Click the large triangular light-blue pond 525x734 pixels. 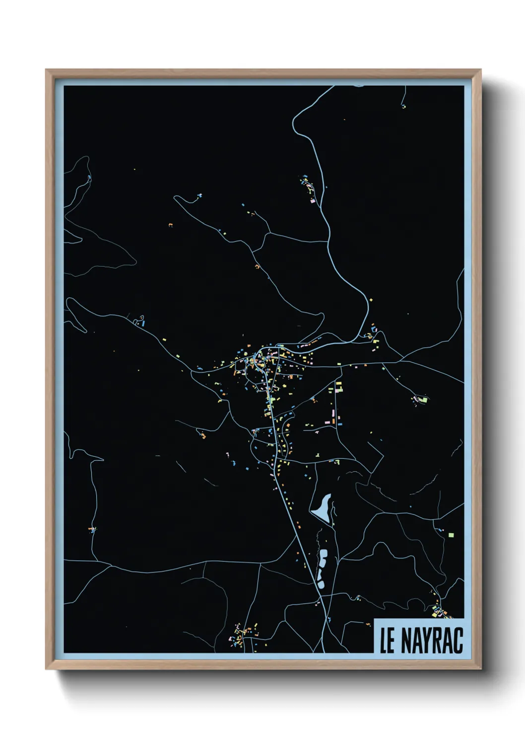pyautogui.click(x=322, y=508)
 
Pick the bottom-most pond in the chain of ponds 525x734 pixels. pyautogui.click(x=321, y=582)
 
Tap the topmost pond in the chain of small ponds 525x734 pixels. pyautogui.click(x=324, y=553)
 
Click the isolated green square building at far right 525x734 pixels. pyautogui.click(x=451, y=535)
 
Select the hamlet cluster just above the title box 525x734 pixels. pyautogui.click(x=439, y=611)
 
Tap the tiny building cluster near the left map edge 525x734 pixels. pyautogui.click(x=92, y=530)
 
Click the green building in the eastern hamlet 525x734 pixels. pyautogui.click(x=423, y=399)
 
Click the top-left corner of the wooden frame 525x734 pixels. pyautogui.click(x=47, y=70)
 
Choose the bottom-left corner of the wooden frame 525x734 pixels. pyautogui.click(x=47, y=669)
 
